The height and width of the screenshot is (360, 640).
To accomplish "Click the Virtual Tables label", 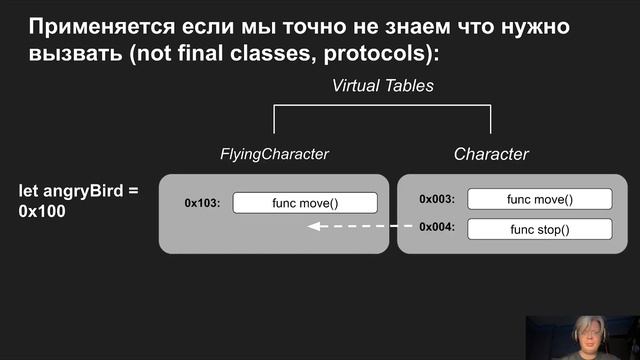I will click(x=383, y=87).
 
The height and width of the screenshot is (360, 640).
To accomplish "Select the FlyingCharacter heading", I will click(x=274, y=154).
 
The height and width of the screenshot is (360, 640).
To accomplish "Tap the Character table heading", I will click(x=491, y=154).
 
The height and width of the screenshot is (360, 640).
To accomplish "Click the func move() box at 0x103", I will click(x=305, y=203).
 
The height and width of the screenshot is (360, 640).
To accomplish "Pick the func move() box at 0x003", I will click(x=539, y=199).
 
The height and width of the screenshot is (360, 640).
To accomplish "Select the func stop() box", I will click(x=539, y=229).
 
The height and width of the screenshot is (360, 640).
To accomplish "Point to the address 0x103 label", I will click(x=202, y=203).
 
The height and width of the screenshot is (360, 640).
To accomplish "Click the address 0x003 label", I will click(x=437, y=199).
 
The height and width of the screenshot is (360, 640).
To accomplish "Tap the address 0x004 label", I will click(x=437, y=228).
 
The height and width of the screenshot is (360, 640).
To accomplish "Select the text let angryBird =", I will click(x=80, y=189).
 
